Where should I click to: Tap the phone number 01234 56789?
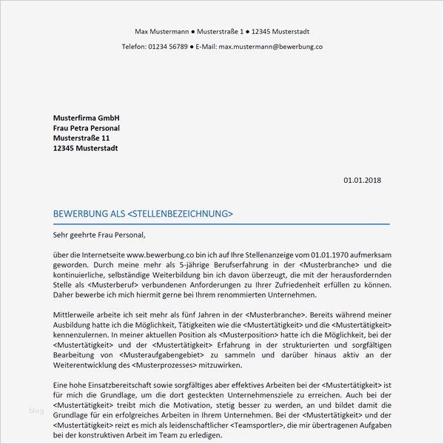[167, 46]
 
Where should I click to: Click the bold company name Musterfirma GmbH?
[86, 118]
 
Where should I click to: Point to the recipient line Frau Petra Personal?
[86, 128]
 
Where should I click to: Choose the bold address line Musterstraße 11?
[81, 138]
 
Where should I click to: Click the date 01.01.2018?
[363, 180]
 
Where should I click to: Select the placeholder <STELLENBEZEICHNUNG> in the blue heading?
[180, 214]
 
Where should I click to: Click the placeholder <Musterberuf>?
[115, 285]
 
